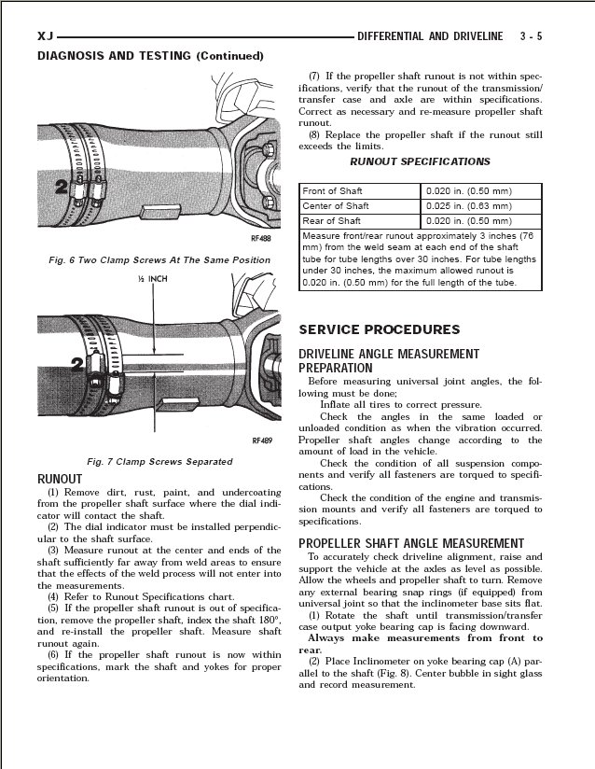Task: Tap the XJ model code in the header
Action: tap(46, 35)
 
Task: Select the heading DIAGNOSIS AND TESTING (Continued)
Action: tap(144, 56)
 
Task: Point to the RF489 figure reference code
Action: tap(260, 440)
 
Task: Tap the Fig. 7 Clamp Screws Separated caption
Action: tap(159, 461)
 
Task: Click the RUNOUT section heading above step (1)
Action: tap(59, 479)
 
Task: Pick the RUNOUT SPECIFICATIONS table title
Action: tap(419, 161)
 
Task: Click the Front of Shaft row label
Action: tap(333, 190)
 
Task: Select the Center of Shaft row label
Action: tap(336, 205)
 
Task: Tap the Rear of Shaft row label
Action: tap(332, 220)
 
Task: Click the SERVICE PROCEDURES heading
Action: tap(379, 329)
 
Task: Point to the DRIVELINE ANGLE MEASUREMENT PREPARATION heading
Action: tap(388, 360)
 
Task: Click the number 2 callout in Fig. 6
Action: tap(60, 188)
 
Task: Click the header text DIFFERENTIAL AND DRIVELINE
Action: tap(429, 35)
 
